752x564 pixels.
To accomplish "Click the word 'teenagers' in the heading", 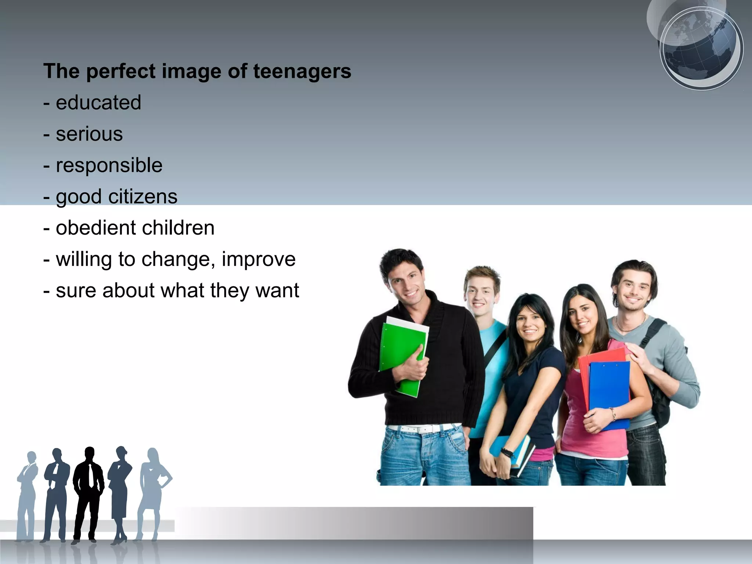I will (302, 71).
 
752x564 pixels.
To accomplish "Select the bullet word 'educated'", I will (98, 102).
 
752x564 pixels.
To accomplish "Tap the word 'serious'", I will (89, 134).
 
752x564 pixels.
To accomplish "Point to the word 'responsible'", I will (109, 165).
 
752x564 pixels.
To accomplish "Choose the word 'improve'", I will (258, 259).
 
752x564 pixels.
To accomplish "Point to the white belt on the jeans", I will (422, 428).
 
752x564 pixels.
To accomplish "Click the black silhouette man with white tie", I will (88, 492).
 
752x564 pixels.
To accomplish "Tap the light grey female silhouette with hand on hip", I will (153, 488).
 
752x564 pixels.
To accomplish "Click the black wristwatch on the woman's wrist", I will (508, 452).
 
